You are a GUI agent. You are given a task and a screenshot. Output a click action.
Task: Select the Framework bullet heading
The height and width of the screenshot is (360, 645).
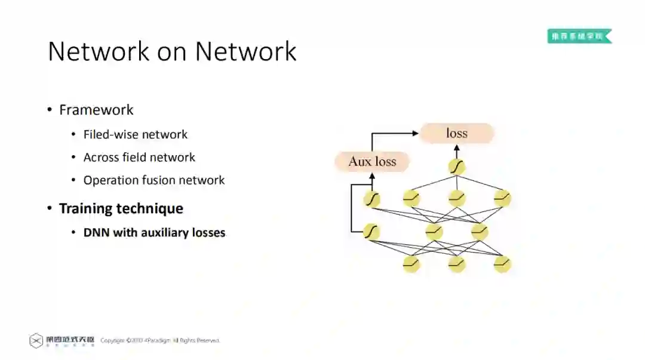coord(96,110)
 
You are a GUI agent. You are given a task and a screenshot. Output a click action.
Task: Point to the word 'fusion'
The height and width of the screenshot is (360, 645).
coord(163,180)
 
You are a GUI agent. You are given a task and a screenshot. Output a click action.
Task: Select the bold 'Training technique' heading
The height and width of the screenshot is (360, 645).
coord(121,208)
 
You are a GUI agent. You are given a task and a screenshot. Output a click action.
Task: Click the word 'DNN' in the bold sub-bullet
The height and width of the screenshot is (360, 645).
coord(97,232)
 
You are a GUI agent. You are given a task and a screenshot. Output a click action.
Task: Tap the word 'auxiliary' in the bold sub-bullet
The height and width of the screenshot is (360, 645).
coord(165,232)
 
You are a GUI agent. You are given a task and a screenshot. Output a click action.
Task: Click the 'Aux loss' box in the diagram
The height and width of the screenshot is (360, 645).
coord(372,161)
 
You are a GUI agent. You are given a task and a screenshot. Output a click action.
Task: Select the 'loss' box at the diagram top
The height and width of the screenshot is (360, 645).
coord(457,133)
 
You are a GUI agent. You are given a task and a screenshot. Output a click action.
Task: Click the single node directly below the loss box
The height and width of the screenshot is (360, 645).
coord(457,167)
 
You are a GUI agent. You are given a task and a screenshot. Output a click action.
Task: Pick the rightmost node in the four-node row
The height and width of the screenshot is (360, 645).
coord(502,198)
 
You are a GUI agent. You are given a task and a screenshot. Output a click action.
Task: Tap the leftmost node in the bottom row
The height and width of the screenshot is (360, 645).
coord(411,263)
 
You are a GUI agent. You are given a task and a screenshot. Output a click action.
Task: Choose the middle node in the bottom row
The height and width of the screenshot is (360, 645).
coord(457,263)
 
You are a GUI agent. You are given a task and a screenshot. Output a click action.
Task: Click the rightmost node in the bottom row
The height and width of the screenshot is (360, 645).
coord(502,263)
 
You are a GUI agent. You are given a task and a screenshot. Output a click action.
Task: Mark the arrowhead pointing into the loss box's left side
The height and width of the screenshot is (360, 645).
coord(416,133)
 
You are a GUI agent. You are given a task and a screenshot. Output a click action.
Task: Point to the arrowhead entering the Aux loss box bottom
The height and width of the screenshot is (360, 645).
coord(372,176)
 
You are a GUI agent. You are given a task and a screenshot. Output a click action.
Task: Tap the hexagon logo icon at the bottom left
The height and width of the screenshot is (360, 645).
coord(36,340)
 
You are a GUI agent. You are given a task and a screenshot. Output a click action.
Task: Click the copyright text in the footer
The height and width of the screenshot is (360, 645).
coord(160,340)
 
